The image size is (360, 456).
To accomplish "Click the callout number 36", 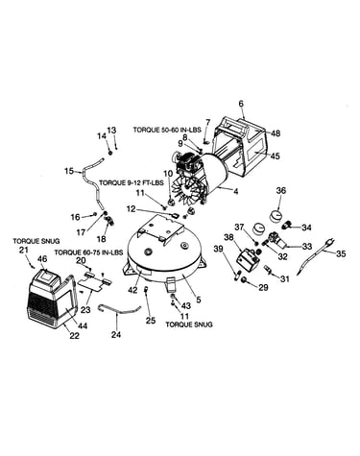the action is coord(281,191).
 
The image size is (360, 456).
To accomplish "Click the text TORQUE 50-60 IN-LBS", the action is coord(167,130).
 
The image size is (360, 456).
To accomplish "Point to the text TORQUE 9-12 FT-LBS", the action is coord(132,182).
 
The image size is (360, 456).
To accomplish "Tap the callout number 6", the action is coord(241,104).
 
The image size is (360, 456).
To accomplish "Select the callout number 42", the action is coord(132,290).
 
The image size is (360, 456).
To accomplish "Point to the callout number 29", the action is coord(263,287).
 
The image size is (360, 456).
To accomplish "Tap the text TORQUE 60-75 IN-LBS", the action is coord(88,252).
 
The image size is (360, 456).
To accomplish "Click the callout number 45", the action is coord(275,156).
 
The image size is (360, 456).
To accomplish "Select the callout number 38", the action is coord(228,237).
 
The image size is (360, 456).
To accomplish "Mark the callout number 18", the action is coord(102,239).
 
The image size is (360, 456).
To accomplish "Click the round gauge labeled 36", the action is coord(276,215).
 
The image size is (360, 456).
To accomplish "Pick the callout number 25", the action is coord(150,321).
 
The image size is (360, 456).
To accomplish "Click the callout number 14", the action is coord(102,136).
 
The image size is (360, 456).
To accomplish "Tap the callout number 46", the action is coord(42,258).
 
